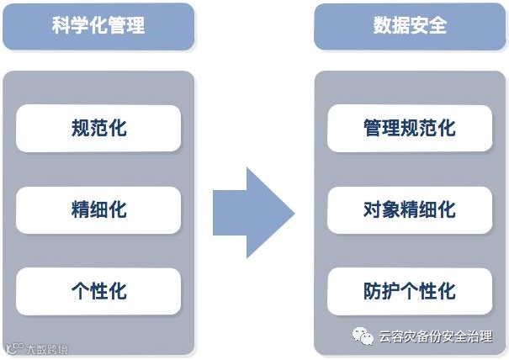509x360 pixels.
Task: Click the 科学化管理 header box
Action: point(98,26)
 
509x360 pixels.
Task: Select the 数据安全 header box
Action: point(410,26)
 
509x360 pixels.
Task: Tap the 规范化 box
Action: point(98,128)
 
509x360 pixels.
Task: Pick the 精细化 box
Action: point(98,209)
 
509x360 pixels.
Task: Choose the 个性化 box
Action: point(98,291)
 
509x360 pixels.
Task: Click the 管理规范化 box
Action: point(410,128)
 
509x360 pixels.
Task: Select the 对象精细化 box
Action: point(410,209)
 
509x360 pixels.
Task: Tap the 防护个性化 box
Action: point(410,291)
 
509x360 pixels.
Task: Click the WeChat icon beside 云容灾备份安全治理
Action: point(363,337)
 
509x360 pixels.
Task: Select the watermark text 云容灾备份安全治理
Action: point(436,337)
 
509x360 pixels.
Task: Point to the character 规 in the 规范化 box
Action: point(81,128)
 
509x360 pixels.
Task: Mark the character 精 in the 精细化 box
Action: point(81,209)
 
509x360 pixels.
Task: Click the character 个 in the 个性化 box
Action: point(81,291)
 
